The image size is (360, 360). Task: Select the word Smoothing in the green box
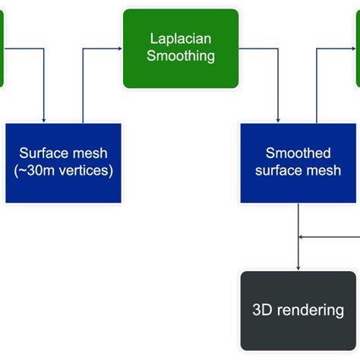(181, 55)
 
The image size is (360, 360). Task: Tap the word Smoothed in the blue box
(298, 153)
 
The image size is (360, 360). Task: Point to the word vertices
(86, 171)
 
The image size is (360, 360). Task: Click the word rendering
(310, 310)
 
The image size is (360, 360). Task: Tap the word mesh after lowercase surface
(324, 171)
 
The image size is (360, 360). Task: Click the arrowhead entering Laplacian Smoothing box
(118, 49)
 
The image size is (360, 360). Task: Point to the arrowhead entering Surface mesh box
(44, 119)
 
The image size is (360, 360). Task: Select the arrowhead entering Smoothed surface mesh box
(279, 119)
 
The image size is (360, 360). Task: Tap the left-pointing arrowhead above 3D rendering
(302, 236)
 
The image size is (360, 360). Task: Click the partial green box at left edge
(2, 49)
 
